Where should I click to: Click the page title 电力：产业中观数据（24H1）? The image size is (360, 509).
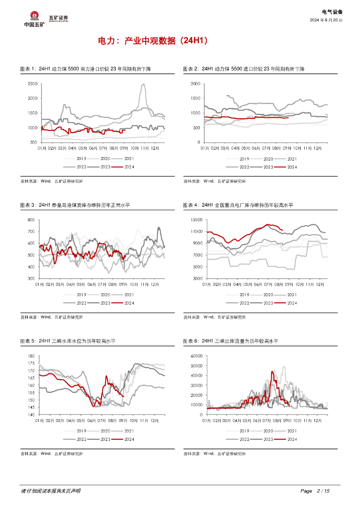coord(152,41)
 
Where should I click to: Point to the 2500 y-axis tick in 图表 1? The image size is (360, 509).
coord(32,84)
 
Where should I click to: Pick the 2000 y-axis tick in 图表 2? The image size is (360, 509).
coord(195,84)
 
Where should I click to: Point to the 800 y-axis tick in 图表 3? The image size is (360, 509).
coord(30,220)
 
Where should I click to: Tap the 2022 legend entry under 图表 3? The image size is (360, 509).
coord(81,303)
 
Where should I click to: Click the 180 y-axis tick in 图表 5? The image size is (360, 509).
coord(30,356)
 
